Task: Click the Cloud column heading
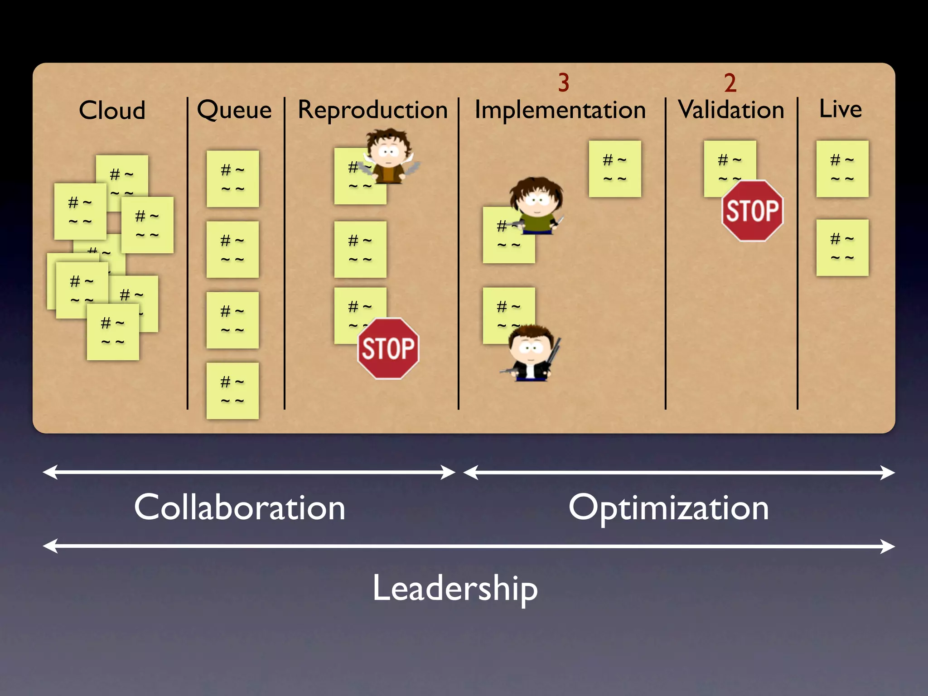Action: point(112,110)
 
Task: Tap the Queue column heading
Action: point(234,110)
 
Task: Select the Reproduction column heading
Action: point(372,110)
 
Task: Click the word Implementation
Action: point(560,110)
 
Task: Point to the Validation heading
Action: point(731,110)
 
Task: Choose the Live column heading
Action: point(840,109)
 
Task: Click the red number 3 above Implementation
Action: point(563,82)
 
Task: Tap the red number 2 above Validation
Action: point(730,83)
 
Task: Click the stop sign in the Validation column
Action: point(752,211)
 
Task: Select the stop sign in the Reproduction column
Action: point(388,348)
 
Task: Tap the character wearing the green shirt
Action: point(536,206)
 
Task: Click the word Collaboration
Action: point(240,507)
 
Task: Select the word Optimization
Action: point(668,507)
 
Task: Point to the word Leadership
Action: point(455,588)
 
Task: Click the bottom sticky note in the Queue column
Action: point(232,391)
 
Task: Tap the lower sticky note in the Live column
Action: point(842,247)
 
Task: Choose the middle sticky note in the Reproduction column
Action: point(360,249)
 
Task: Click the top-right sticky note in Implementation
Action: point(614,169)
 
